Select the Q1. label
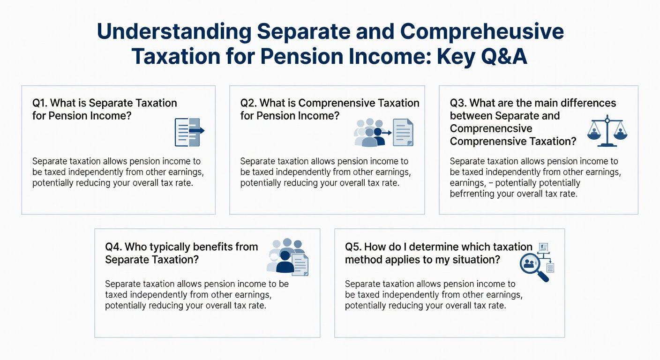40,103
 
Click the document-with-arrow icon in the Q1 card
189,132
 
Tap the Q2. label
248,103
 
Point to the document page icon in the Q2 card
403,132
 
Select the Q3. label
458,103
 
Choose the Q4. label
113,247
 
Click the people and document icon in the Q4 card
287,257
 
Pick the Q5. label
353,247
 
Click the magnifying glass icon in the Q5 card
534,267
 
